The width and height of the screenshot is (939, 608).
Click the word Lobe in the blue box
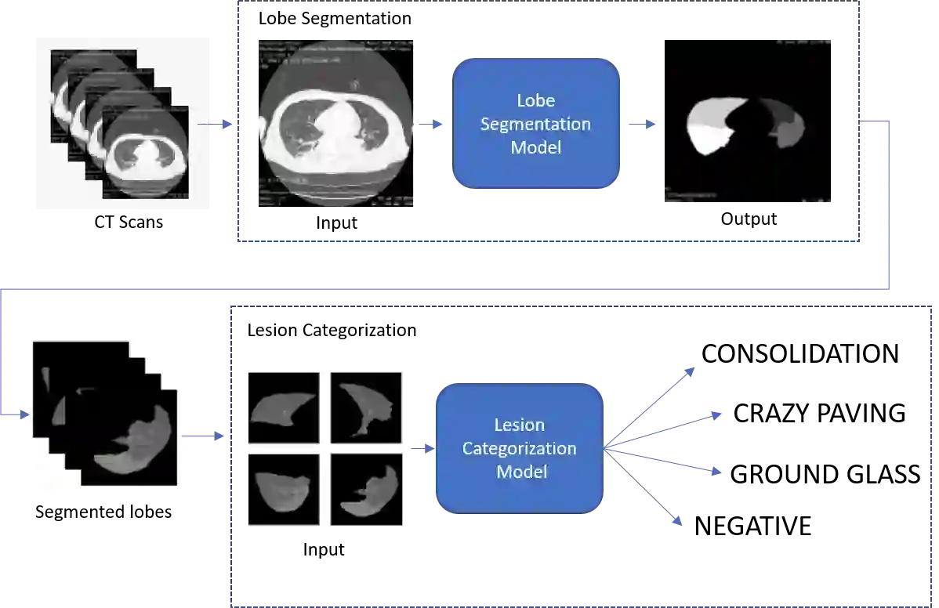click(535, 100)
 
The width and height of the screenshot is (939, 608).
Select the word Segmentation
click(535, 124)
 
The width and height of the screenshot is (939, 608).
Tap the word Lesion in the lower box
click(519, 425)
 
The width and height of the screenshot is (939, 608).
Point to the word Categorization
click(519, 448)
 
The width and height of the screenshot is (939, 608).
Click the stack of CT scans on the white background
click(121, 125)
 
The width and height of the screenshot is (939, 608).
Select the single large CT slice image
click(335, 122)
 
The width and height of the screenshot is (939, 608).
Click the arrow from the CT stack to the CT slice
click(215, 125)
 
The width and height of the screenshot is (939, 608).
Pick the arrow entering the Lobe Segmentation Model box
click(430, 123)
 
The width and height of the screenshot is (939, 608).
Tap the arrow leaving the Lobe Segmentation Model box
click(641, 123)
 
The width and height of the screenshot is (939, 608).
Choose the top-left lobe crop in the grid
click(283, 407)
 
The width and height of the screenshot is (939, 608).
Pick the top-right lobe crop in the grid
click(366, 407)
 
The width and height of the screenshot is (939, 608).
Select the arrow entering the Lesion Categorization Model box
click(421, 448)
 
